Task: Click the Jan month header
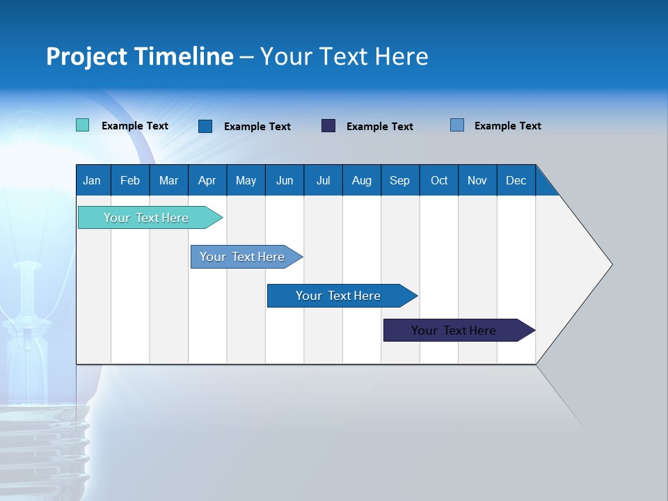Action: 92,180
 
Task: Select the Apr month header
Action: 207,180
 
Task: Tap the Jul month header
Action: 323,180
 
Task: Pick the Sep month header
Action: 399,180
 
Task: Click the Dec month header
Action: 516,180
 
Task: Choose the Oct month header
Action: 438,180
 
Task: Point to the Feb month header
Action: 129,180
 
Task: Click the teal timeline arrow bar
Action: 146,218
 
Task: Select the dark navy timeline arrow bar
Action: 454,331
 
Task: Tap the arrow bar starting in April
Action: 242,257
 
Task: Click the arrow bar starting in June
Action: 338,296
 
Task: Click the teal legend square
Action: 83,125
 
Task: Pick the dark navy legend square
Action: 328,126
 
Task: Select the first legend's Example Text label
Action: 135,126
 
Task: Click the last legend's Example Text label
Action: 507,126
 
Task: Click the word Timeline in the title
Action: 183,56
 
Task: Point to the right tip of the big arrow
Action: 611,264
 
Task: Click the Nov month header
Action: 477,180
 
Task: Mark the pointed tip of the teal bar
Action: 221,218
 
